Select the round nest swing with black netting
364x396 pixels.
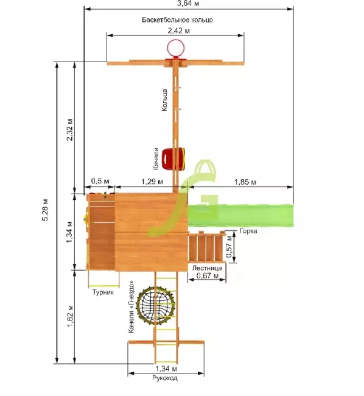(x=155, y=305)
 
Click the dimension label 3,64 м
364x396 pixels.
(x=188, y=4)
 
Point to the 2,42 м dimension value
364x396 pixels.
(x=179, y=31)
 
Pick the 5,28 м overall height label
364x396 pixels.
(x=45, y=210)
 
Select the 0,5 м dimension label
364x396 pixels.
(x=100, y=181)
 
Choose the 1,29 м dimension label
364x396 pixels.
(x=152, y=182)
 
